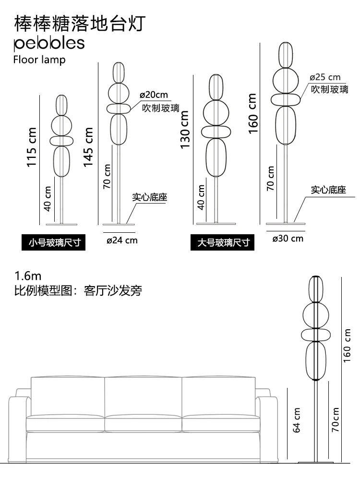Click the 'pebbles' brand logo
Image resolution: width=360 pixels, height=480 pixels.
pos(49,43)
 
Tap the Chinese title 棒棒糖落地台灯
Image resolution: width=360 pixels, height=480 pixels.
pos(80,23)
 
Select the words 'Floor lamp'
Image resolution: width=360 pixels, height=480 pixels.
pos(39,60)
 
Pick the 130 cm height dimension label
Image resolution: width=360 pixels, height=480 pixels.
pos(185,130)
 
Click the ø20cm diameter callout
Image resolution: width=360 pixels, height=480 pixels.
pos(154,95)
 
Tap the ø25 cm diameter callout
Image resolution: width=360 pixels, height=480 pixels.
pos(325,77)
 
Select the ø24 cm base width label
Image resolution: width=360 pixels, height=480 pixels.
pos(122,240)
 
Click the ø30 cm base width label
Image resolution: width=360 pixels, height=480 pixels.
pos(288,238)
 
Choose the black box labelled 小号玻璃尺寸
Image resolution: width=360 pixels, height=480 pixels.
pos(53,242)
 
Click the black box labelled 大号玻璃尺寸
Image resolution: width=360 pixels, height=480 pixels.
pos(223,242)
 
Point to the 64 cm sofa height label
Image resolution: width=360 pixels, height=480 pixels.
pos(297,420)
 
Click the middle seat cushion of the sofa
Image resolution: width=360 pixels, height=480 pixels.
pos(143,422)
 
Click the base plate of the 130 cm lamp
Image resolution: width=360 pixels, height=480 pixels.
pos(216,223)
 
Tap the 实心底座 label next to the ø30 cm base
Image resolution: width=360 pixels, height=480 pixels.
pos(328,190)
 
